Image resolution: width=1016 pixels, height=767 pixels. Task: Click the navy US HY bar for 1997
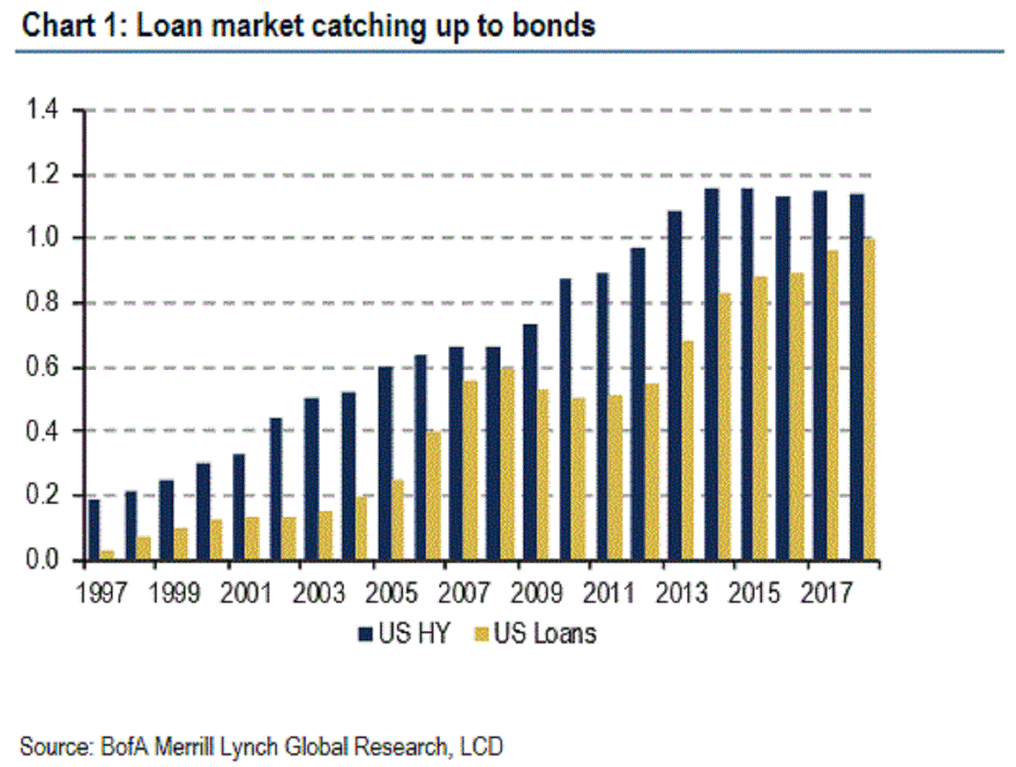pos(94,530)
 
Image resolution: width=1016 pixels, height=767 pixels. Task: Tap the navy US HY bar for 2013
pos(674,386)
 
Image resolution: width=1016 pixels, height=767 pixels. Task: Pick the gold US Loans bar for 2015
pos(760,418)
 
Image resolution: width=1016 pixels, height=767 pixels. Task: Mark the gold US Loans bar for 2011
pos(616,478)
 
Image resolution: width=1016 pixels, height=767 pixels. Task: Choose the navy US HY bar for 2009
pos(529,443)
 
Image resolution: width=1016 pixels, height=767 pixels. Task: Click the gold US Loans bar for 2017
pos(832,406)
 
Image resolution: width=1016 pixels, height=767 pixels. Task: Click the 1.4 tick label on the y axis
pos(42,111)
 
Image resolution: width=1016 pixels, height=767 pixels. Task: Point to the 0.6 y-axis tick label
pos(42,368)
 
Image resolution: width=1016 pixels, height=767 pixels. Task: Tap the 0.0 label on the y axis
pos(42,560)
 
